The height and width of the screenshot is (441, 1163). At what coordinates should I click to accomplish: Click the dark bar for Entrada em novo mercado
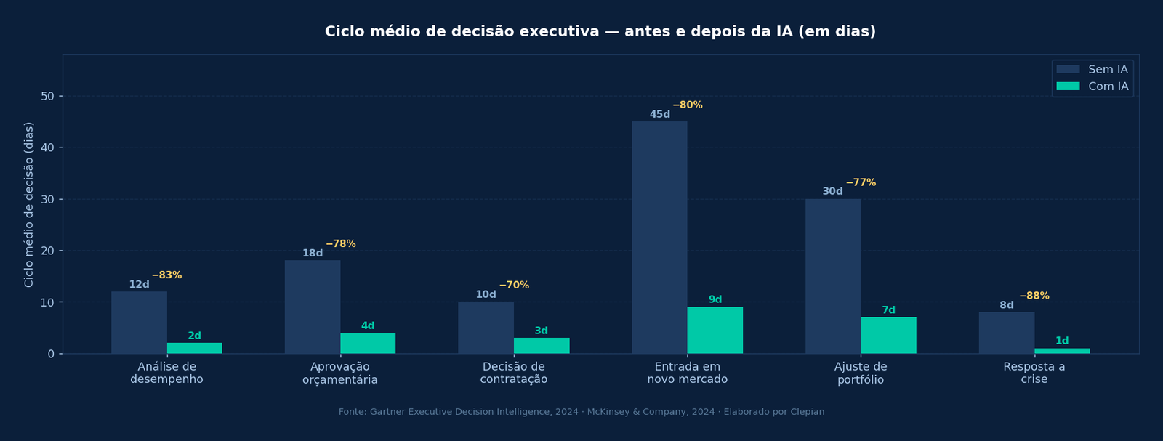coord(659,238)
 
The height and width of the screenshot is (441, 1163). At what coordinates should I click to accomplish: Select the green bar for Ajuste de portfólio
coord(888,336)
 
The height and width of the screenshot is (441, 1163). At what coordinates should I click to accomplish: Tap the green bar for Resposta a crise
coord(1062,351)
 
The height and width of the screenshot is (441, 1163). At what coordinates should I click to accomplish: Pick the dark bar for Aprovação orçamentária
coord(313,307)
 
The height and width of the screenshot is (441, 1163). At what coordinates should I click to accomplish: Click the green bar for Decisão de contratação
coord(542,346)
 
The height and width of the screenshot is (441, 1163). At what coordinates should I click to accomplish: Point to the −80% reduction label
coord(687,105)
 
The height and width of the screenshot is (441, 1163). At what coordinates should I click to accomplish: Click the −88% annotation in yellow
coord(1034,296)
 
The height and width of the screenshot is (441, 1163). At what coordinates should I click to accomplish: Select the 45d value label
coord(659,115)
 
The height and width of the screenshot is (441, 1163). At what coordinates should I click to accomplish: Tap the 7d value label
coord(888,310)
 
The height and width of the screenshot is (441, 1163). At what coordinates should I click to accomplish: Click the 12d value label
coord(139,285)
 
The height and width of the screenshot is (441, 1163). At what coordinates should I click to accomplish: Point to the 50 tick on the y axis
coord(48,97)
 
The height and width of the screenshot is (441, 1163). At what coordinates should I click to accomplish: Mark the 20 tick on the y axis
coord(48,251)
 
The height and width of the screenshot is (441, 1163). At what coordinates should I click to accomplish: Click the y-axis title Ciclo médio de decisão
coord(29,204)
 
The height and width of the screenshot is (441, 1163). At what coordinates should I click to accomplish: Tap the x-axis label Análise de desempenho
coord(166,373)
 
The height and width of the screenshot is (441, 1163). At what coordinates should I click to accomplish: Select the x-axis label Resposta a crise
coord(1034,373)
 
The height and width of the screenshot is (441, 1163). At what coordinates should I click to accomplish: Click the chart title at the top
coord(600,32)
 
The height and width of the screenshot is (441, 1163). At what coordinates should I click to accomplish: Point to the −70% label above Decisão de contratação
coord(514,286)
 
